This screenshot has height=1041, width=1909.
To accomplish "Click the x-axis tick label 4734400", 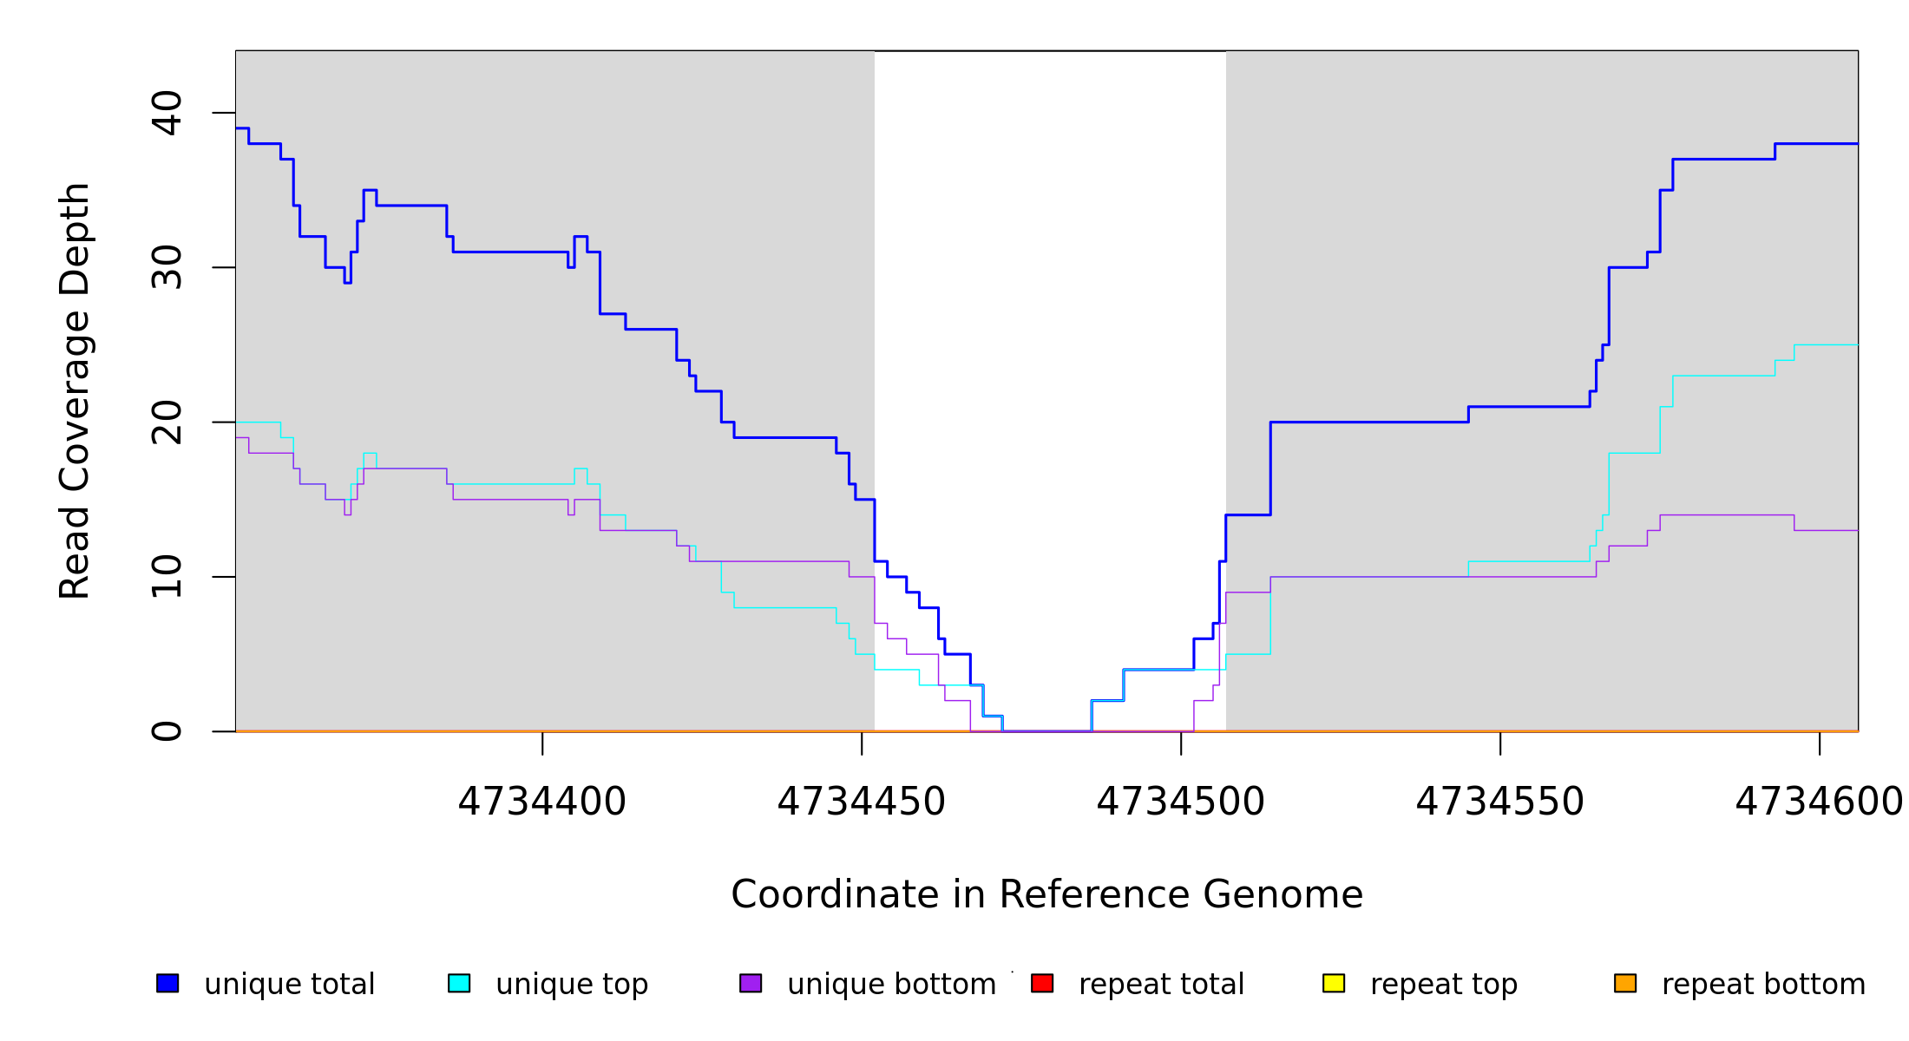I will click(541, 802).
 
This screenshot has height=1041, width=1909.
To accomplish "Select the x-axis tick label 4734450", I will click(861, 802).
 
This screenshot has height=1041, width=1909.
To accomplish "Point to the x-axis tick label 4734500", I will click(1180, 802).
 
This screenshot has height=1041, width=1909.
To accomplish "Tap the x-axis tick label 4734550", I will click(1499, 802).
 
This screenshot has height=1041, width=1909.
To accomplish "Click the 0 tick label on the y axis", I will click(167, 731).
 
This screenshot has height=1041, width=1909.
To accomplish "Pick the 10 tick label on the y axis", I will click(167, 577).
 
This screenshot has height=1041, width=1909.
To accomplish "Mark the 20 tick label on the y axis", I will click(167, 422).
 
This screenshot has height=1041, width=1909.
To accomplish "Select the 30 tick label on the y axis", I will click(167, 267).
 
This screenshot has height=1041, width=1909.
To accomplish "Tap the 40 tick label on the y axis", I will click(167, 113).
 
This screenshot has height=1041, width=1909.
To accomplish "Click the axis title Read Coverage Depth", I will click(75, 390).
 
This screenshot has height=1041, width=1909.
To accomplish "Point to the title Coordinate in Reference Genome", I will click(1046, 894).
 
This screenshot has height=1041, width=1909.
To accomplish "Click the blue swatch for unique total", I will click(167, 983).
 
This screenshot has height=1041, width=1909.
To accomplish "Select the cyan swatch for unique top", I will click(459, 983).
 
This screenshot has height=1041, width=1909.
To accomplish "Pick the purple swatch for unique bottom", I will click(751, 983).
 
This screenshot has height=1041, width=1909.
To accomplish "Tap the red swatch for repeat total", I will click(1042, 983).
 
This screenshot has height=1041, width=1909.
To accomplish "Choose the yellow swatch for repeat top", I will click(1334, 983).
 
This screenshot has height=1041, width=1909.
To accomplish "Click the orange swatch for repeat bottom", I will click(1625, 983).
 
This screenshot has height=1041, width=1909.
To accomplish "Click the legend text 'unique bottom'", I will click(891, 985).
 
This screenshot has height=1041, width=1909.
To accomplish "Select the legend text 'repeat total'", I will click(1161, 985).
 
